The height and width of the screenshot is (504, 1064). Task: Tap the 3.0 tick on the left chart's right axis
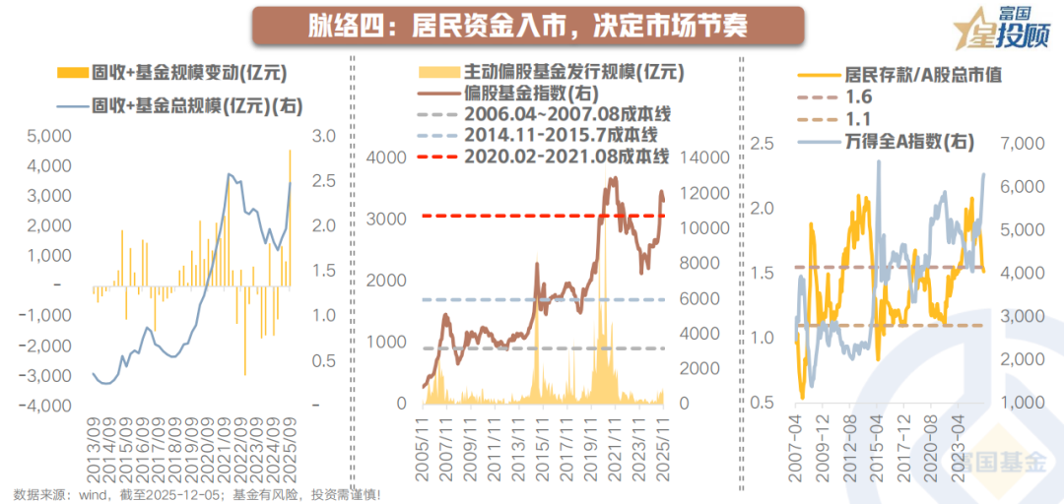click(x=323, y=136)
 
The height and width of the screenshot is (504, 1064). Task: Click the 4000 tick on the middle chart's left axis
click(x=386, y=157)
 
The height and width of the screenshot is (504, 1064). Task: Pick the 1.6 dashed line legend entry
click(x=858, y=98)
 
